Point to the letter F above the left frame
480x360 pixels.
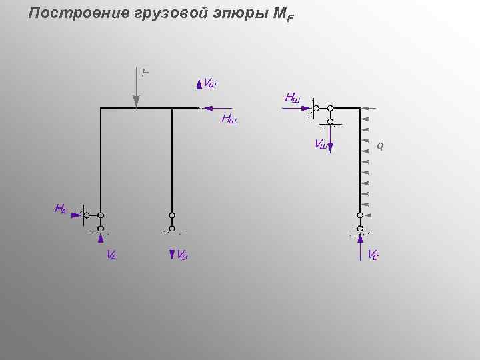[x=145, y=72]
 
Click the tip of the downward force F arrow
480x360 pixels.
[x=137, y=105]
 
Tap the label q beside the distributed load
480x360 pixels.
[x=380, y=145]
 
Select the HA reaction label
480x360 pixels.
[x=60, y=209]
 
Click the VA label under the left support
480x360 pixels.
[x=111, y=254]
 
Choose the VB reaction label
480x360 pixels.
[x=181, y=254]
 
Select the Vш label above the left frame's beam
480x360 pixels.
[x=209, y=84]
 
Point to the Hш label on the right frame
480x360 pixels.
[x=292, y=97]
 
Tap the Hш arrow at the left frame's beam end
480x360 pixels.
[x=217, y=108]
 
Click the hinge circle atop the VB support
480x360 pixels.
[x=172, y=215]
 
